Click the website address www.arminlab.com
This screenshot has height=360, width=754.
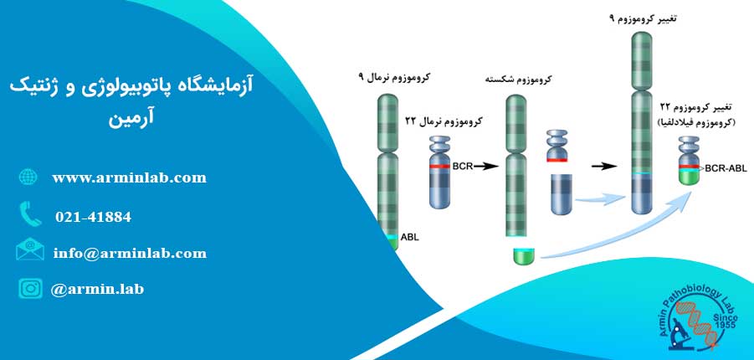coord(130,178)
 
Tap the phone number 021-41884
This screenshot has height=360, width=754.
coord(93,217)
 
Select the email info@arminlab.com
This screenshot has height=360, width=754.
coord(131,253)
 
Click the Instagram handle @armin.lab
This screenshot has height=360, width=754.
coord(97,289)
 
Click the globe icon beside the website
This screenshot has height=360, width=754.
coord(28,177)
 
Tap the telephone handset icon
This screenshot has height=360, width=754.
coord(30,214)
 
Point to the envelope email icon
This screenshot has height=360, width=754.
coord(30,249)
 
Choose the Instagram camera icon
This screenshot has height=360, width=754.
coord(30,289)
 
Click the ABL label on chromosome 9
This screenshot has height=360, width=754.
coord(410,237)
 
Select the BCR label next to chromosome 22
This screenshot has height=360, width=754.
coord(463,167)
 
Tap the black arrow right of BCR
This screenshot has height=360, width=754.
coord(487,167)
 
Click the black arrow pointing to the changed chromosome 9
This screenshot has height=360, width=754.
coord(603,167)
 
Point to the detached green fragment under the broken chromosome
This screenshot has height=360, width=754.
coord(524,256)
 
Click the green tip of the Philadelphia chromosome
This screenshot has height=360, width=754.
coord(689,177)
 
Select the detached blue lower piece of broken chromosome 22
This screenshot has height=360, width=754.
coord(562,194)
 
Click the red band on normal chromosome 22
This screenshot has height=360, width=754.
coord(440,167)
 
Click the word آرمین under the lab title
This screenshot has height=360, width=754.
coord(131,119)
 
